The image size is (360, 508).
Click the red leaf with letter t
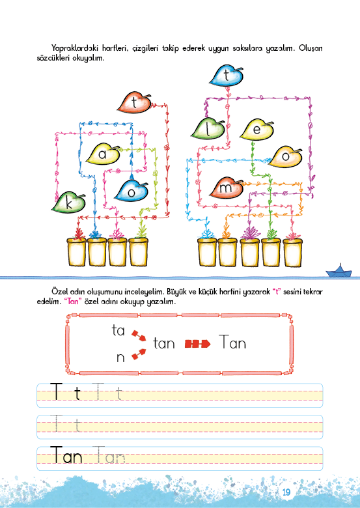pyautogui.click(x=134, y=103)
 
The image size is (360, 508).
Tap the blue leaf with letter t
pyautogui.click(x=226, y=76)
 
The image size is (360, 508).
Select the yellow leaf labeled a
pyautogui.click(x=103, y=154)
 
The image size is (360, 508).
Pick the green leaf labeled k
pyautogui.click(x=68, y=203)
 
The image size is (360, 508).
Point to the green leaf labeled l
pyautogui.click(x=208, y=129)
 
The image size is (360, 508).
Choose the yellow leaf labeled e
pyautogui.click(x=256, y=130)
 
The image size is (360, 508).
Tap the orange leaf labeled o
pyautogui.click(x=285, y=157)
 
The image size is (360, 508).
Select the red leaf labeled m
pyautogui.click(x=226, y=188)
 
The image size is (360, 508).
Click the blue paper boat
pyautogui.click(x=339, y=271)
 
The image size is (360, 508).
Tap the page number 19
pyautogui.click(x=286, y=492)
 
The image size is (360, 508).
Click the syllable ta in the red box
pyautogui.click(x=118, y=331)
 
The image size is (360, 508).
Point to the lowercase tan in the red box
pyautogui.click(x=164, y=343)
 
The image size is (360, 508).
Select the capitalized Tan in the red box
pyautogui.click(x=232, y=342)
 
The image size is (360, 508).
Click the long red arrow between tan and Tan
pyautogui.click(x=197, y=344)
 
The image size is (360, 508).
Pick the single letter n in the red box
pyautogui.click(x=120, y=358)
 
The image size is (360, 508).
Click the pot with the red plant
pyautogui.click(x=76, y=252)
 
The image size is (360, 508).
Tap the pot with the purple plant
pyautogui.click(x=250, y=252)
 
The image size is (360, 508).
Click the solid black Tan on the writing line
pyautogui.click(x=66, y=455)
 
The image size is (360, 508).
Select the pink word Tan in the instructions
pyautogui.click(x=71, y=302)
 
